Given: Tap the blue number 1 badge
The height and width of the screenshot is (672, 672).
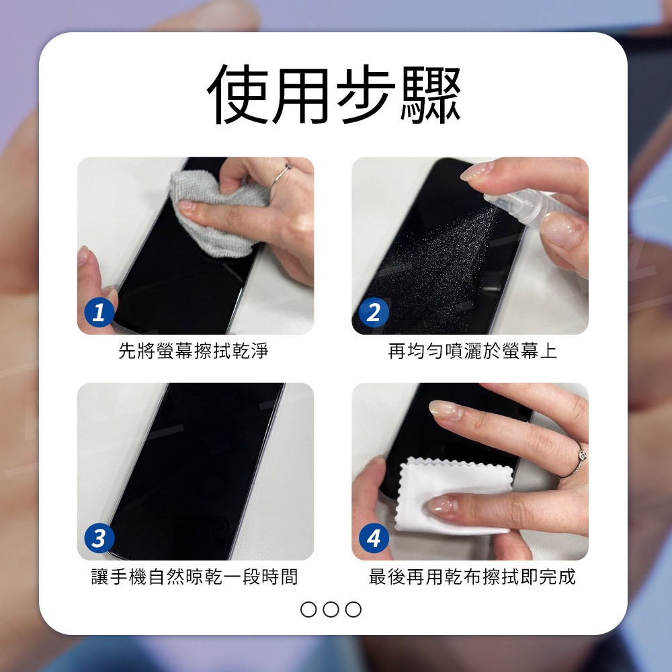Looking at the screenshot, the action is click(x=99, y=312).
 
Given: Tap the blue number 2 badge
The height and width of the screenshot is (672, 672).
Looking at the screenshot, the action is click(x=374, y=312).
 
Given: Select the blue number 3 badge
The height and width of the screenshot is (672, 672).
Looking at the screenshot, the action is click(x=99, y=538).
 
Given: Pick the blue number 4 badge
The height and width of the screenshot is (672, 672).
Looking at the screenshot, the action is click(x=374, y=538).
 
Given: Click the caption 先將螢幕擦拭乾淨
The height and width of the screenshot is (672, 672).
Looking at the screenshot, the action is click(x=194, y=351).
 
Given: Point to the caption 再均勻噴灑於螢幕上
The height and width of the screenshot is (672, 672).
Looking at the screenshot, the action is click(x=472, y=351).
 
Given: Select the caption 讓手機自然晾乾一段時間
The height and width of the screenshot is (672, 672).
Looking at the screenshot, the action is click(x=195, y=577).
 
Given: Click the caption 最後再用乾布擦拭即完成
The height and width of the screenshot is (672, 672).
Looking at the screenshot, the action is click(x=472, y=577).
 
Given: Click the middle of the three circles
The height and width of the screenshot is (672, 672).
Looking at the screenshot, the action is click(x=331, y=609).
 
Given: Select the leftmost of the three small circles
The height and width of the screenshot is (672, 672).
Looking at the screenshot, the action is click(x=308, y=609).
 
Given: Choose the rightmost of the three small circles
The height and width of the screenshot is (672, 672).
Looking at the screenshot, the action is click(x=353, y=609).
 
